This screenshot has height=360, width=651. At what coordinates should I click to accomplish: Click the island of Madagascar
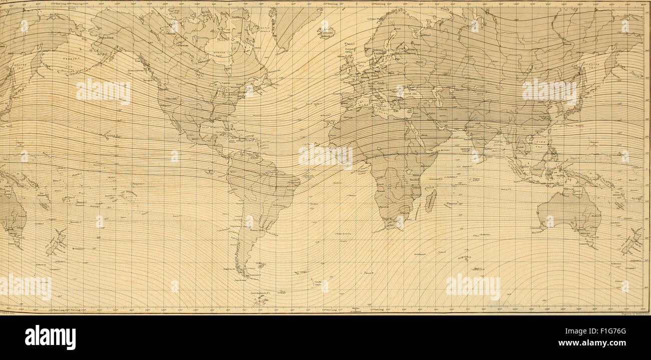point(430,199)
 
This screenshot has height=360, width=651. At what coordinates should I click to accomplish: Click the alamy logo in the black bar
point(50,337)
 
